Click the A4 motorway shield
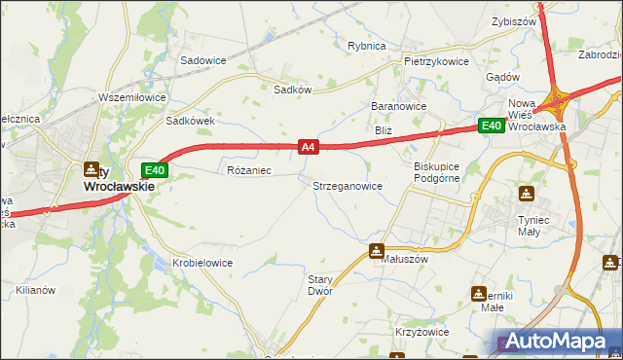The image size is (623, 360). [x=308, y=147]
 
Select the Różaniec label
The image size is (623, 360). [x=248, y=170]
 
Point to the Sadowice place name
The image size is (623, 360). [x=202, y=59]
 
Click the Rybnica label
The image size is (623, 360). [x=367, y=46]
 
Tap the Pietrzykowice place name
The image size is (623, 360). [x=436, y=60]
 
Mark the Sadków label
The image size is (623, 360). [x=292, y=88]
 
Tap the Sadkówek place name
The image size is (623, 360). [x=190, y=121]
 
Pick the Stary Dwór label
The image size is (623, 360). [x=320, y=284]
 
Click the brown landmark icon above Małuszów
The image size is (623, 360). [x=377, y=250]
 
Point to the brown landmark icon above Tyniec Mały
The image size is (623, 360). [x=527, y=194]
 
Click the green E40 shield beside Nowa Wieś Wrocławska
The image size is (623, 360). [x=490, y=126]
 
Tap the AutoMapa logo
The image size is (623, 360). [x=559, y=342]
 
